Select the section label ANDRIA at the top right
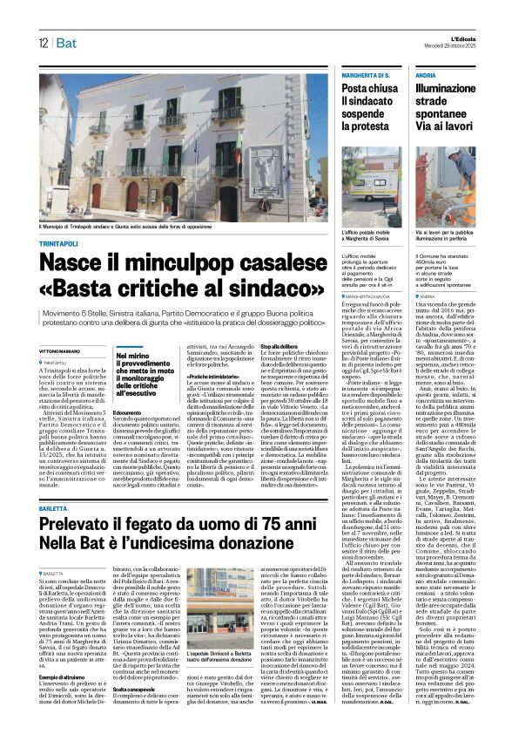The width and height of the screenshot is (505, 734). [428, 77]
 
